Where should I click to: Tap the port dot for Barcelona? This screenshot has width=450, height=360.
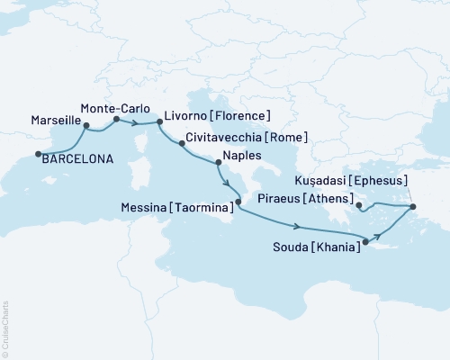click(39, 155)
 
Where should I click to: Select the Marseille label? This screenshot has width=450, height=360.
click(56, 120)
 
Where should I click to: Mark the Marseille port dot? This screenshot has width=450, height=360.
click(86, 127)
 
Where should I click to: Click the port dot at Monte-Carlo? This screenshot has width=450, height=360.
click(116, 119)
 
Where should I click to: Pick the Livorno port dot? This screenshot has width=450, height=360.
click(160, 121)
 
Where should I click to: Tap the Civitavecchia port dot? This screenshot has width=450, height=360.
click(183, 142)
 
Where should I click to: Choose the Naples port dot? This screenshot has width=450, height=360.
click(218, 163)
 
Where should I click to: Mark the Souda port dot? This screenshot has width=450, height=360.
click(365, 241)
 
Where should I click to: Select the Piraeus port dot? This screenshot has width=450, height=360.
click(359, 206)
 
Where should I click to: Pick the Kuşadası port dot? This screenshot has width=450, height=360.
click(413, 207)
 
